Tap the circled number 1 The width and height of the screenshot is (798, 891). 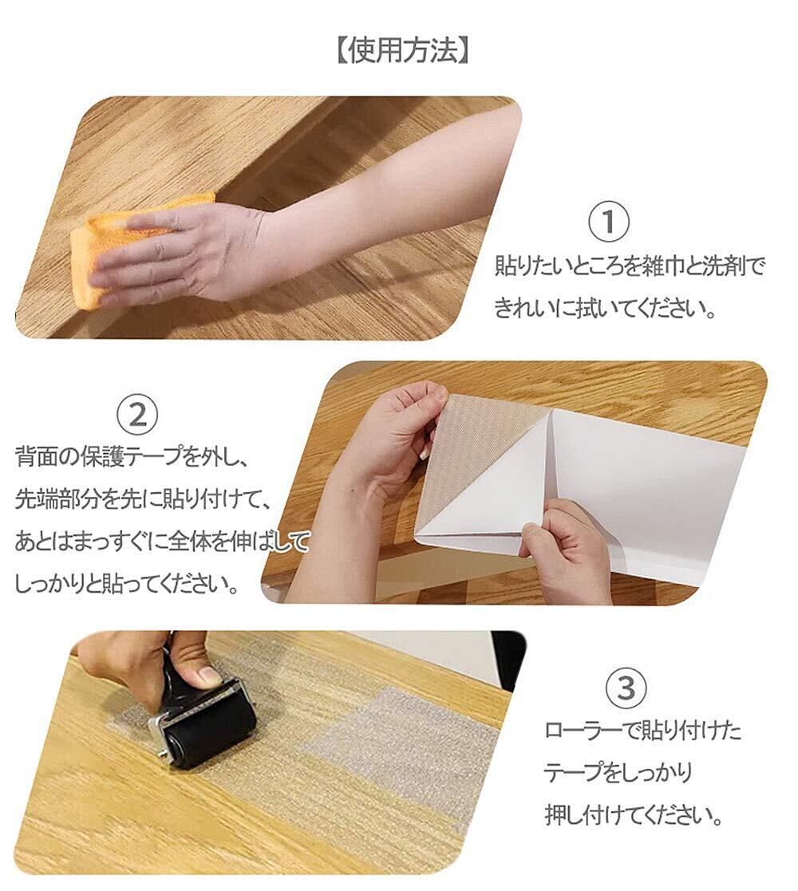[x=609, y=221]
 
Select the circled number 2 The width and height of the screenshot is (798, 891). [x=138, y=415]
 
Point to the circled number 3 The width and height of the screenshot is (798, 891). [x=626, y=688]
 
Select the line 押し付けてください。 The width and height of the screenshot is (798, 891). [x=634, y=815]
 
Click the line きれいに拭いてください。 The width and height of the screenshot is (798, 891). [x=604, y=309]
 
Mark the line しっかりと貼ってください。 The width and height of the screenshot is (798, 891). [x=126, y=584]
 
